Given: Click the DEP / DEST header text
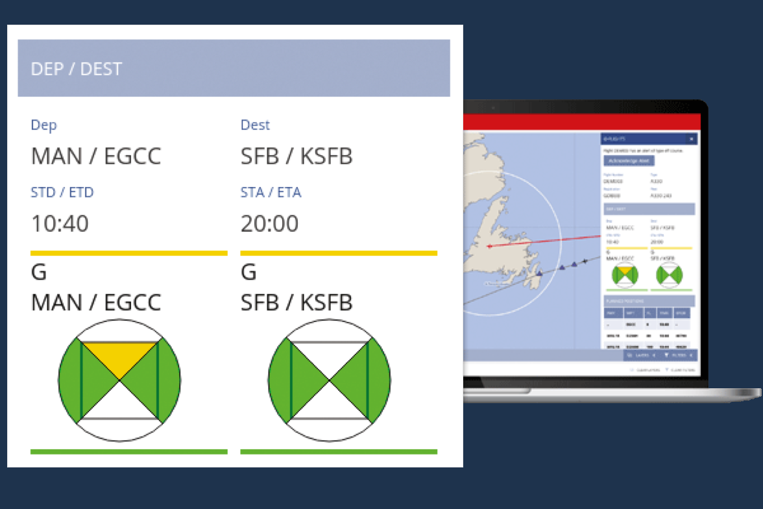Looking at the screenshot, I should click(77, 69).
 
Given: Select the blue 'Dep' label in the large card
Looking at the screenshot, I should click(44, 125).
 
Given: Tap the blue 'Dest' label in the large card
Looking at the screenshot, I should click(255, 125).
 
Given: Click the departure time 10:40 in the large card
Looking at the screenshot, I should click(60, 224).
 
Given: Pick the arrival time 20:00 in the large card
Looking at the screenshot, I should click(269, 224).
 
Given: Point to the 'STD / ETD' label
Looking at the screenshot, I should click(62, 192).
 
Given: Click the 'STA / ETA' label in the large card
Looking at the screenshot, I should click(271, 192).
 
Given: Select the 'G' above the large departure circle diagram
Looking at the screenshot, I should click(39, 272).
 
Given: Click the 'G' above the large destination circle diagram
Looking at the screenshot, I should click(248, 272).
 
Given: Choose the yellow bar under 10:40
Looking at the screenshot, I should click(128, 253).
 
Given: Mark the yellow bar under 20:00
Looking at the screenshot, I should click(339, 253).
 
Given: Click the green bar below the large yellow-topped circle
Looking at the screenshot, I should click(128, 451).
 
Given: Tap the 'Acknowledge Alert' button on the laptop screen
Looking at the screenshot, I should click(629, 160).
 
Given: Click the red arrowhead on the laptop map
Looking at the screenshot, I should click(489, 246).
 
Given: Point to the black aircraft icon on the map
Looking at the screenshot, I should click(585, 262).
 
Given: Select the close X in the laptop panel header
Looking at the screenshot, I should click(691, 139).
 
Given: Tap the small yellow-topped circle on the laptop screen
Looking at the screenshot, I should click(625, 275).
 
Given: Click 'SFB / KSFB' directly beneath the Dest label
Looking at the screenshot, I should click(297, 156).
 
